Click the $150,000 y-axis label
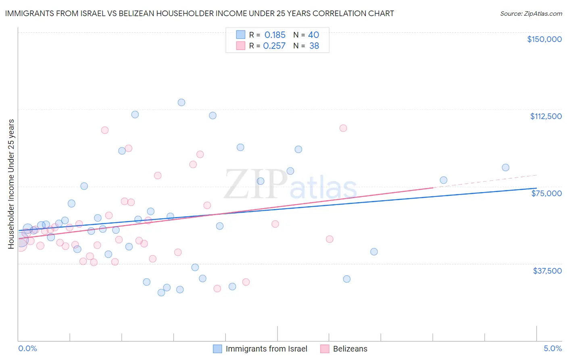click(544, 39)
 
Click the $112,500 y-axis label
click(546, 116)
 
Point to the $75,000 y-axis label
click(546, 193)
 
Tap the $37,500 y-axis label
click(547, 271)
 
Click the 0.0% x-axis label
click(27, 349)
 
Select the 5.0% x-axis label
click(552, 349)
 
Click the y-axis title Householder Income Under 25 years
click(11, 184)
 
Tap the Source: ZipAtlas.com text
click(531, 13)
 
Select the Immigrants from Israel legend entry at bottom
click(266, 349)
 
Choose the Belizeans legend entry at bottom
click(350, 349)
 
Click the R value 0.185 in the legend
click(275, 35)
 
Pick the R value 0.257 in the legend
click(274, 46)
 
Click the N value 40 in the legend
click(313, 35)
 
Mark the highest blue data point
click(181, 103)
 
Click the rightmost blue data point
click(505, 167)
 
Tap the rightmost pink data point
click(343, 128)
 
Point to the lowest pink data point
click(217, 289)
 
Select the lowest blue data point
click(161, 293)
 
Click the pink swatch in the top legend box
click(241, 46)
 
